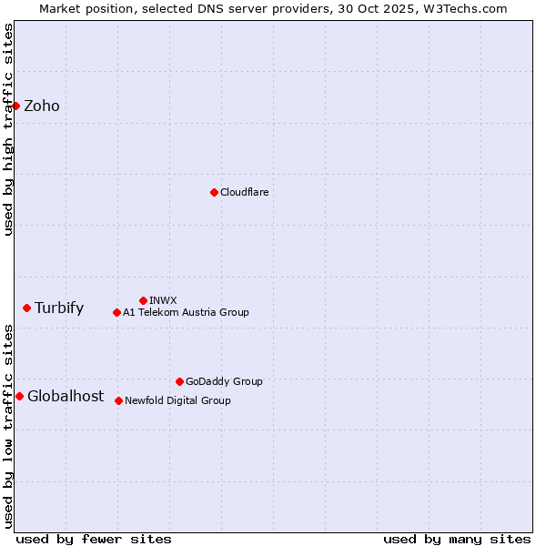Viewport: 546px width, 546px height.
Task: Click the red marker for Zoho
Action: [15, 106]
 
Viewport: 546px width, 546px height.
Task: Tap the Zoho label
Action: [42, 106]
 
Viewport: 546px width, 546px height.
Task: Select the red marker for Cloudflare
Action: [214, 192]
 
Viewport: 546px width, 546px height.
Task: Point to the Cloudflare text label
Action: [244, 192]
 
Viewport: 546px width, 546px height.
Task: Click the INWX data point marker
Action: [143, 300]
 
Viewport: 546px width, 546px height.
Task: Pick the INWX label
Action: [163, 300]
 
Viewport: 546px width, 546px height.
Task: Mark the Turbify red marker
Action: [26, 308]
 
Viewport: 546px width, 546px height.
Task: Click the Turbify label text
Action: [59, 308]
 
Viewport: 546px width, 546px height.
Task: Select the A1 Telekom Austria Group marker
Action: [116, 312]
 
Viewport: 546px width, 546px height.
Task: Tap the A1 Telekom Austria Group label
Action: [186, 312]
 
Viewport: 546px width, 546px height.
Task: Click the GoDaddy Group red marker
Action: [179, 381]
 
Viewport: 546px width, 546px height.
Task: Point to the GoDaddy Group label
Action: [224, 381]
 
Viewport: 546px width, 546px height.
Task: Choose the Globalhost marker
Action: [19, 396]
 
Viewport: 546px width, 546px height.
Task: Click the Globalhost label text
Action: [66, 396]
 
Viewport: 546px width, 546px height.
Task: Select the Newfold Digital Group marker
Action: [118, 400]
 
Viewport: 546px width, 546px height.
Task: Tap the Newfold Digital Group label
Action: [177, 400]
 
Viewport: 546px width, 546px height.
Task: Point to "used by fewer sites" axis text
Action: [94, 539]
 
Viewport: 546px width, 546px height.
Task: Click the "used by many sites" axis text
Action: [457, 539]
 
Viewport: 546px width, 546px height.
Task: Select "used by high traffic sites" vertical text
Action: [8, 129]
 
